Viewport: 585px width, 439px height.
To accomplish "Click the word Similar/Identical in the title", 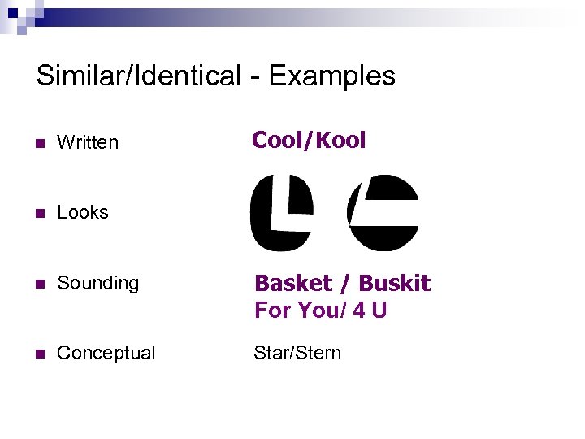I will point(139,76).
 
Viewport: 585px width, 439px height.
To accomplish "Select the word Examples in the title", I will point(331,76).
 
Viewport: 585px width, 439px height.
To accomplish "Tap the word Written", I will point(88,142).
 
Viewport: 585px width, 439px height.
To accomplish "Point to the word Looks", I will point(83,212).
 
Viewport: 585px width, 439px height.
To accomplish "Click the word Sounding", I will point(98,283).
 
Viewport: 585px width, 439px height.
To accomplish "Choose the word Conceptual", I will point(106,353).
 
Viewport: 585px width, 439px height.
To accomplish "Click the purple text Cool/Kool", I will point(309,141).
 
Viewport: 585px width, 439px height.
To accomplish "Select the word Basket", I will point(293,284).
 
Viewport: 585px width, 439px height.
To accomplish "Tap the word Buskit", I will point(394,284).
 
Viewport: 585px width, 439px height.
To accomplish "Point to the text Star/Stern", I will point(297,353).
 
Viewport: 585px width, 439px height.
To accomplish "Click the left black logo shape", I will point(281,213).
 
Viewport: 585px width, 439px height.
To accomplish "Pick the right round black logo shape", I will point(383,213).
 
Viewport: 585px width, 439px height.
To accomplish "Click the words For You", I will point(289,311).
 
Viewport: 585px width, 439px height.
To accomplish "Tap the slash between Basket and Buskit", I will point(345,284).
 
